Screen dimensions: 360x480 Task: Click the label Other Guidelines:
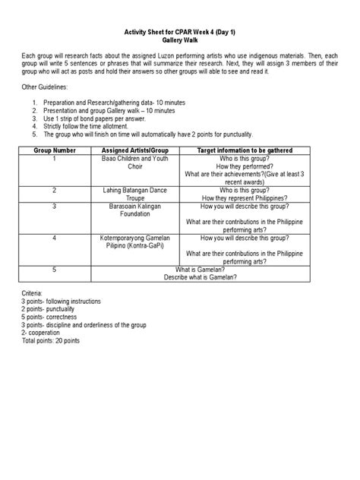click(x=46, y=88)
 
